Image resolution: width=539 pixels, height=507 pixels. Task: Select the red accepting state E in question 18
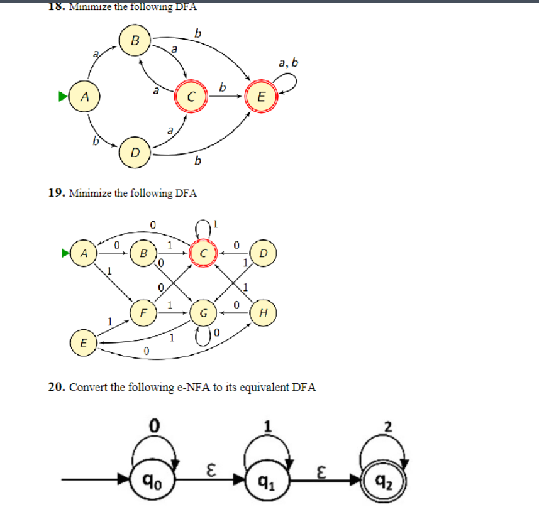click(x=262, y=97)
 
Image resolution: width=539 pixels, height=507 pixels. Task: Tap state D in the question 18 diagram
click(x=135, y=151)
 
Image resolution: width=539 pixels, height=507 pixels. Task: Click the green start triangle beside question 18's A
click(x=63, y=97)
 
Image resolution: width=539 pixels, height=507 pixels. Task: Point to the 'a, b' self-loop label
click(x=287, y=63)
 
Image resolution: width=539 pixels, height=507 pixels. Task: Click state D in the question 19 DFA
click(x=262, y=253)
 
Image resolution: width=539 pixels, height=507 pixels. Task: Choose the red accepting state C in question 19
click(x=203, y=253)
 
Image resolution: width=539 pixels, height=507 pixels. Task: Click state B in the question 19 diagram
click(x=143, y=253)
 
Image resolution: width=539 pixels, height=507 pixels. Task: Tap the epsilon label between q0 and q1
click(x=211, y=469)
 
